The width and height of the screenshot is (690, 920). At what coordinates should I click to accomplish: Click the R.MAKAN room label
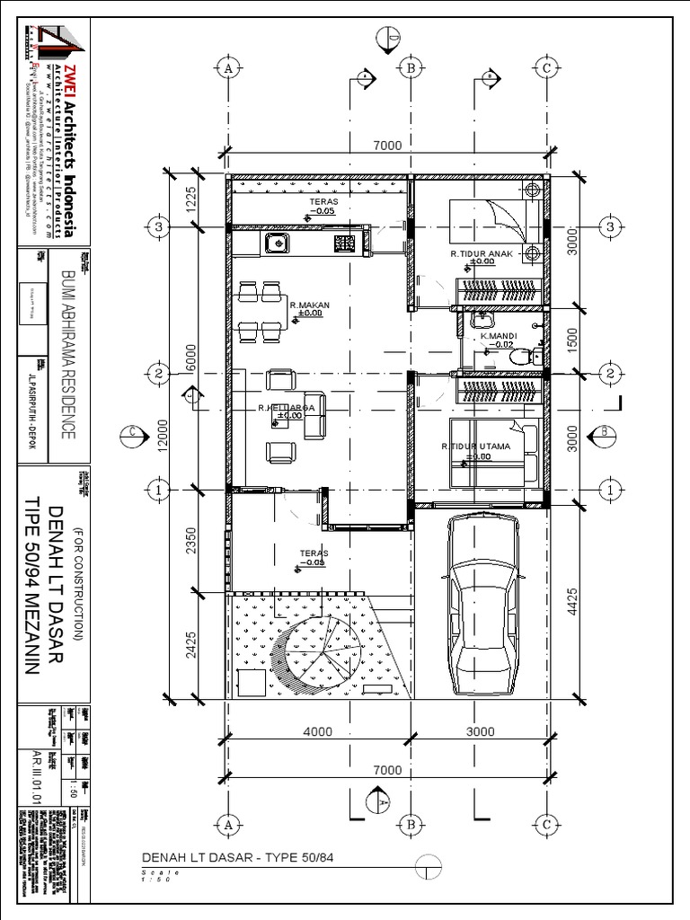click(310, 305)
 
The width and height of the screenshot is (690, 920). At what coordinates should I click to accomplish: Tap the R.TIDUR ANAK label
click(482, 254)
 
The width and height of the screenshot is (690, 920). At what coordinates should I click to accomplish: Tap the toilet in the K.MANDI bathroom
click(520, 357)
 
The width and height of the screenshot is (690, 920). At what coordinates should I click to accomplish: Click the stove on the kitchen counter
click(344, 242)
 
